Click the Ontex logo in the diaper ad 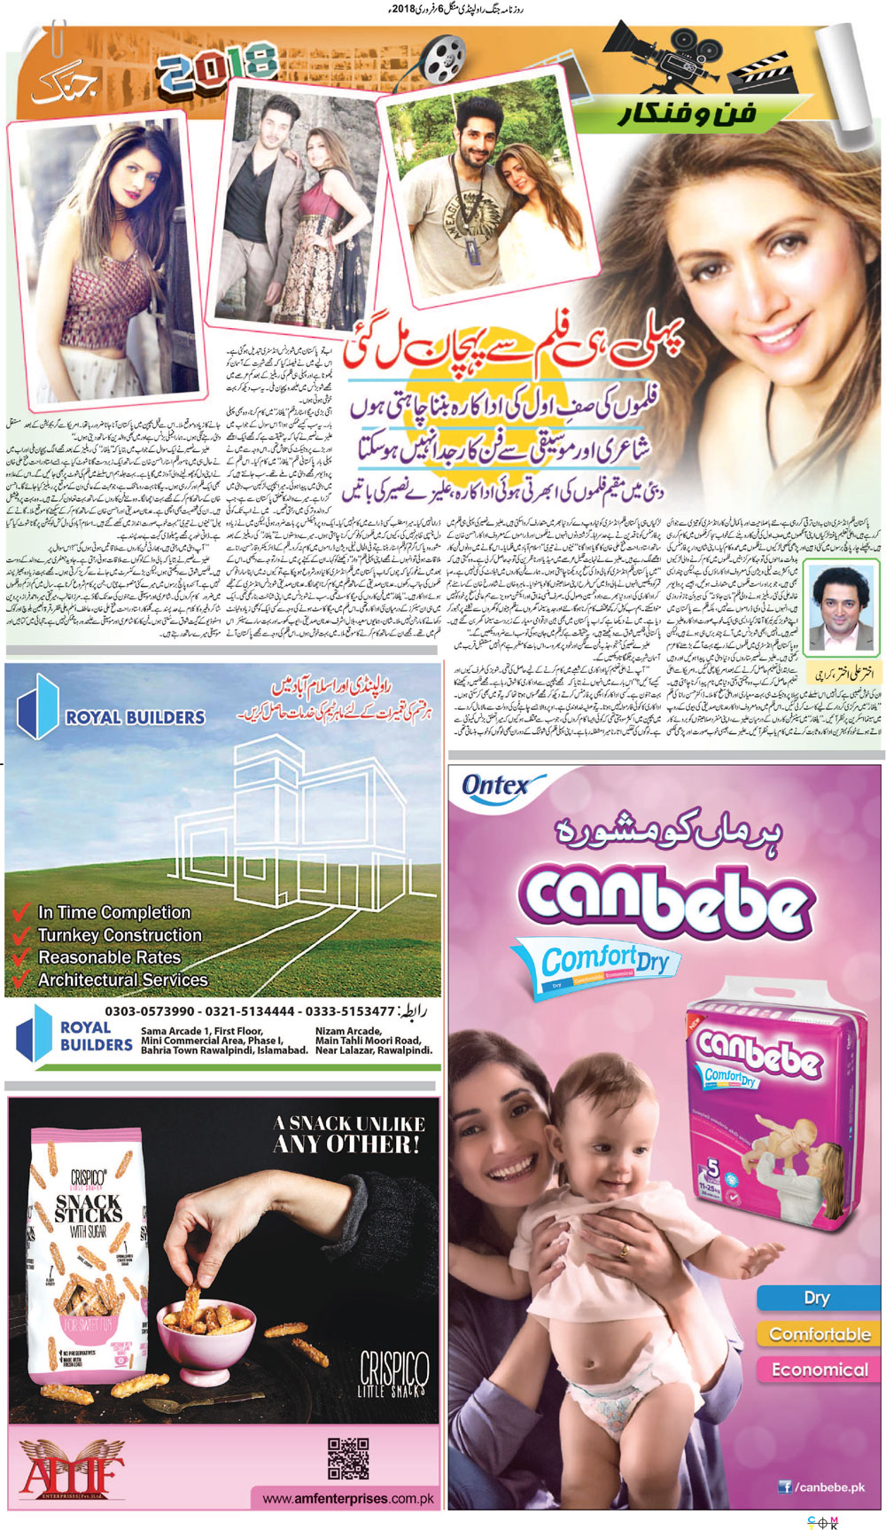pyautogui.click(x=496, y=786)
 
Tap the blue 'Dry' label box pyautogui.click(x=816, y=1298)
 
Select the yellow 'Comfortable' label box pyautogui.click(x=819, y=1334)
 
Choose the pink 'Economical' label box pyautogui.click(x=819, y=1370)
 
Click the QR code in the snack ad pyautogui.click(x=348, y=1458)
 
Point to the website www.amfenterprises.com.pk pyautogui.click(x=348, y=1499)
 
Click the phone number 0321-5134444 pyautogui.click(x=250, y=1011)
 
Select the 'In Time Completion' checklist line pyautogui.click(x=113, y=912)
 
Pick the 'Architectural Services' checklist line pyautogui.click(x=122, y=980)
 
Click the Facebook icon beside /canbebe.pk pyautogui.click(x=784, y=1487)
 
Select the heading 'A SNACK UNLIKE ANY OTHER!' pyautogui.click(x=349, y=1134)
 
